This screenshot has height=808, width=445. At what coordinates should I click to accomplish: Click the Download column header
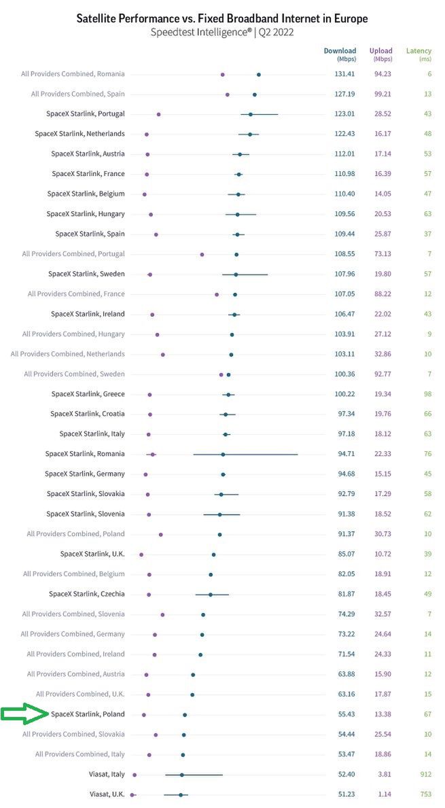(340, 51)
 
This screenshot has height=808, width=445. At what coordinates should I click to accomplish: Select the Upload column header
(380, 51)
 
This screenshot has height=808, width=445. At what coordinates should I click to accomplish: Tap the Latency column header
(419, 51)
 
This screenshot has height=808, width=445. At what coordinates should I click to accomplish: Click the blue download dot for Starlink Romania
(223, 454)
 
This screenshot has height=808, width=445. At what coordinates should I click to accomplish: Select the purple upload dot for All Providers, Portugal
(202, 254)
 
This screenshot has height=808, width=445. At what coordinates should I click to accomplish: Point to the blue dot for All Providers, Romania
(259, 74)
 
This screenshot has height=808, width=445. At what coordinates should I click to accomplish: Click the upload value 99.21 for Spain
(384, 94)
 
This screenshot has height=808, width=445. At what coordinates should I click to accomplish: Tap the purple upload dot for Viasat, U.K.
(133, 794)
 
